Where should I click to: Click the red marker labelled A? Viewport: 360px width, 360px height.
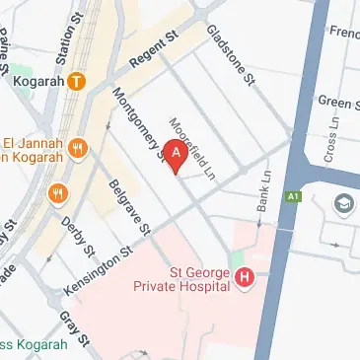click(x=176, y=155)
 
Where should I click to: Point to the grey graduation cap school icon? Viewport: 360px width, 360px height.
click(x=344, y=204)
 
